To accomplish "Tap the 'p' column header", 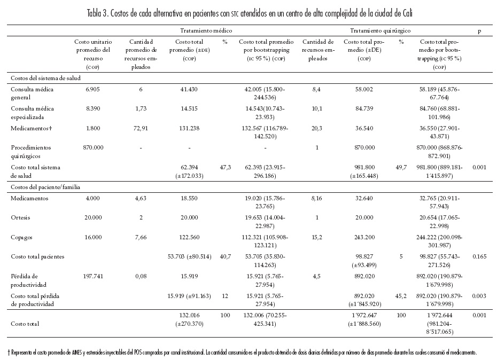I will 479,32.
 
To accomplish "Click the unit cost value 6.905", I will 90,89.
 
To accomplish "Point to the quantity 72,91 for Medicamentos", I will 141,129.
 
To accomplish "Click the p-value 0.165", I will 479,256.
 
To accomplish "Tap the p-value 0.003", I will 479,295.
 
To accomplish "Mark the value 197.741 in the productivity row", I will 90,276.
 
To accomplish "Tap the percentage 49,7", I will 401,167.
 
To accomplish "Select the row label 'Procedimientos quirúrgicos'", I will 31,151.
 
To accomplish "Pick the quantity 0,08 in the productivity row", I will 141,276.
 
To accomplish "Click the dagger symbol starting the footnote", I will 9,353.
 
